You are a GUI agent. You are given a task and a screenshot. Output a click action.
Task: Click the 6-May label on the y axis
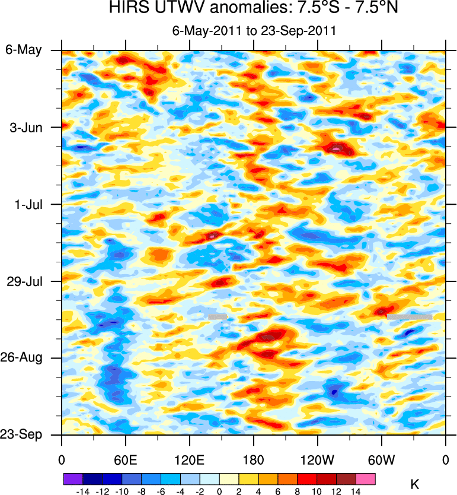click(x=24, y=50)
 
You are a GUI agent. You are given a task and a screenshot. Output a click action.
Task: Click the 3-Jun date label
click(x=24, y=127)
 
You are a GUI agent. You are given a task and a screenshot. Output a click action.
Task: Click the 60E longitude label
click(x=126, y=460)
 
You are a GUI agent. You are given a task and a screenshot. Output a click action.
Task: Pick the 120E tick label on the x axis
click(x=189, y=460)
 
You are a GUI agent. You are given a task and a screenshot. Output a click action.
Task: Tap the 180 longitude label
click(x=254, y=460)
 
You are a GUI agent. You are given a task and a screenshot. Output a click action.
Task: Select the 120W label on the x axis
click(x=317, y=460)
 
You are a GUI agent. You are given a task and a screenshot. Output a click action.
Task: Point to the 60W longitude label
click(x=381, y=460)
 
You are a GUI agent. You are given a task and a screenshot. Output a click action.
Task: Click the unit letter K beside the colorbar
click(x=414, y=484)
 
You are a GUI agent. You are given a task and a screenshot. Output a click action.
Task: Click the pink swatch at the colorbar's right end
click(x=366, y=478)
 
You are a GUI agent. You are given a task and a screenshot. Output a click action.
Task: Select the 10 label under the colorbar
click(x=317, y=491)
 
